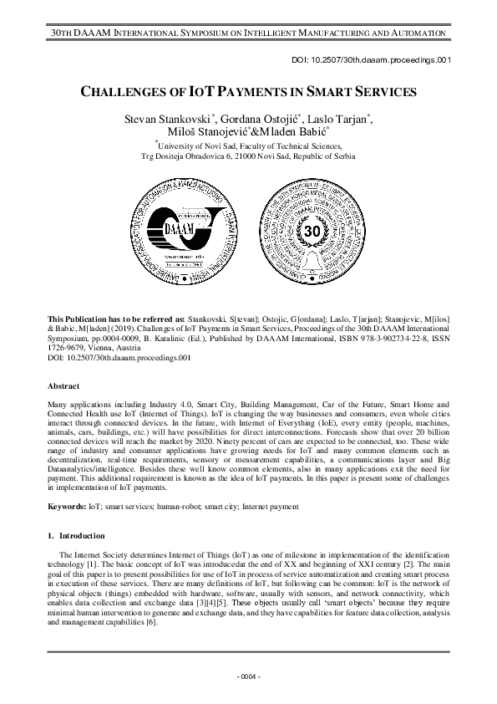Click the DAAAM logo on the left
click(182, 228)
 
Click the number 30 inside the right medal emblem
click(312, 229)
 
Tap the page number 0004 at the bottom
click(248, 675)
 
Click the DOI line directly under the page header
click(394, 59)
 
